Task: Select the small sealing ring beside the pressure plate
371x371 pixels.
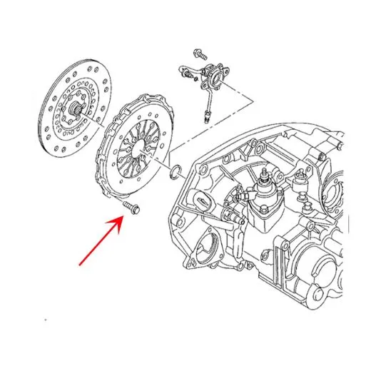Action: point(175,171)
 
